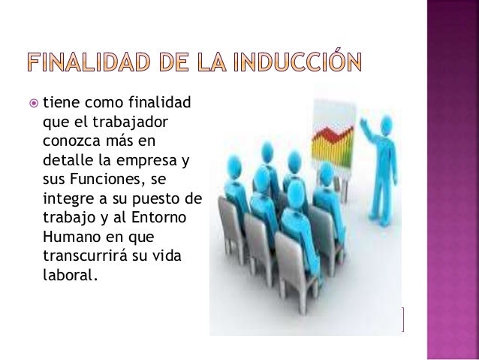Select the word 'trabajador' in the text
click(x=128, y=121)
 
